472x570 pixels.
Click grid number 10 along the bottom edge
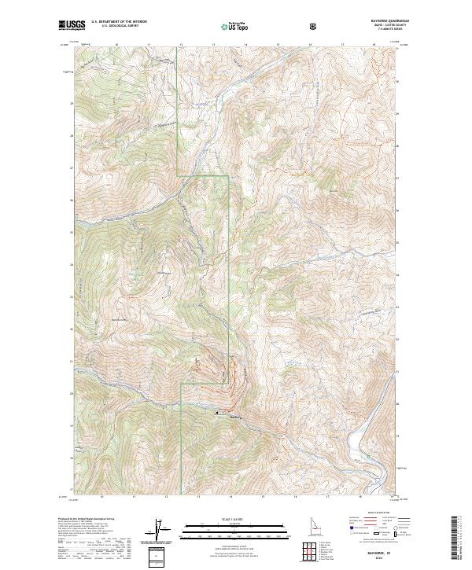(102, 497)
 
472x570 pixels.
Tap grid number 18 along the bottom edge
(360, 497)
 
